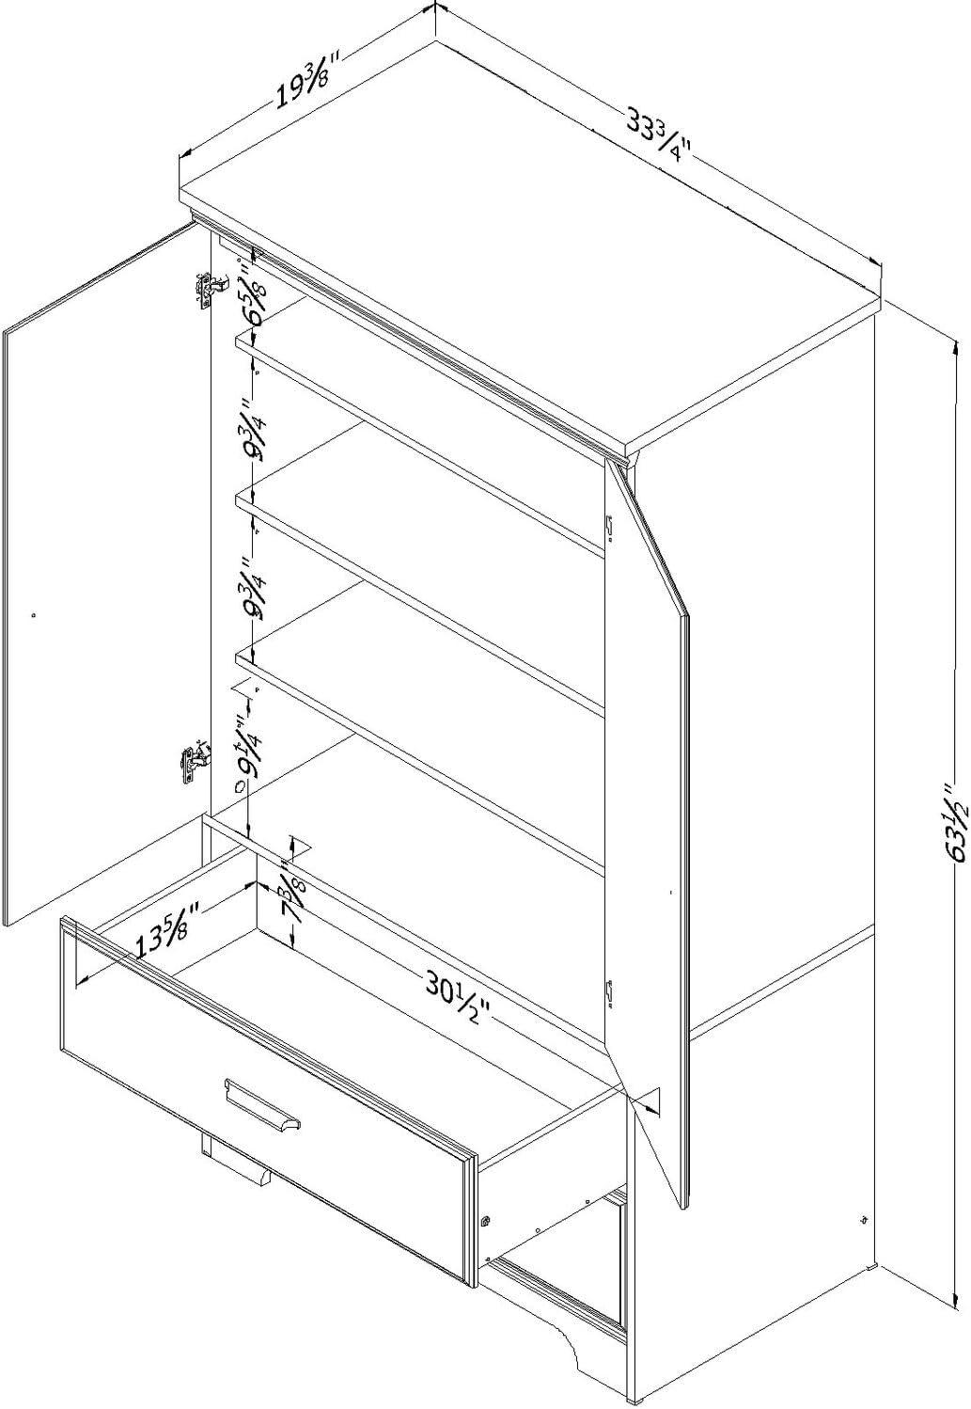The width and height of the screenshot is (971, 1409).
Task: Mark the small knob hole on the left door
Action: [34, 615]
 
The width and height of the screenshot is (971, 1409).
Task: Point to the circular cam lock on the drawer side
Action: [486, 1222]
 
